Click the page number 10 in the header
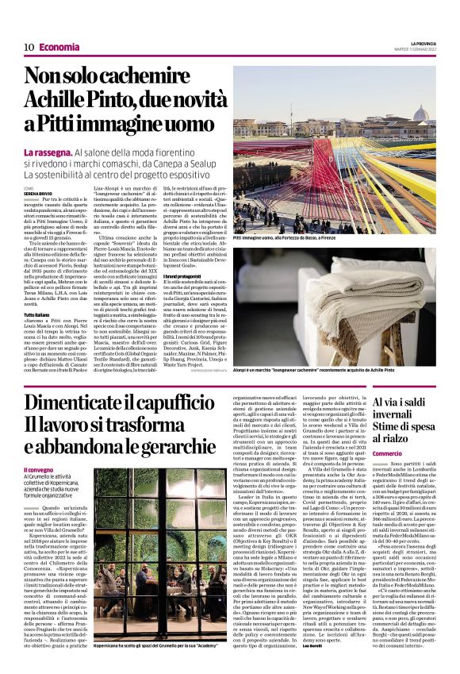tap(29, 47)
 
